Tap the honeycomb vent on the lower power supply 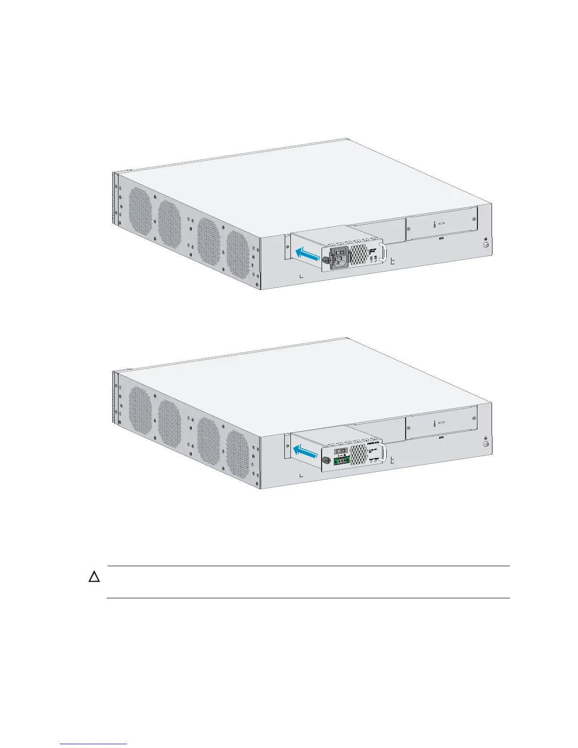pyautogui.click(x=360, y=454)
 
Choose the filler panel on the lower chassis pyautogui.click(x=441, y=423)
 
